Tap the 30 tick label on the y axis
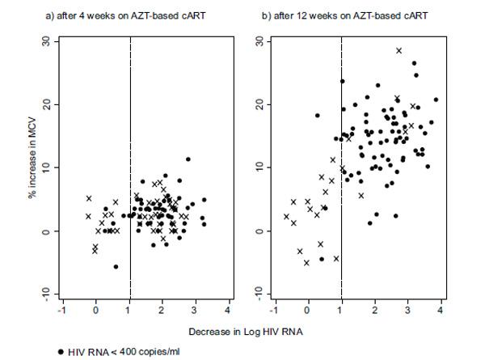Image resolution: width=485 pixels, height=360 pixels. pos(46,41)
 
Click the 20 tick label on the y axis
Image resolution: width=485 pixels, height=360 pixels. pos(46,104)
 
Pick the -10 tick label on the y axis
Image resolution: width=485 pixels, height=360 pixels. pos(44,292)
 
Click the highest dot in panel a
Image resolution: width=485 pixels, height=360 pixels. pos(188,159)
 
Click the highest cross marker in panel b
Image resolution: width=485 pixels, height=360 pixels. pos(399,51)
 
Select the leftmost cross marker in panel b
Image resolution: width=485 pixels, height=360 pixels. pos(286,216)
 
